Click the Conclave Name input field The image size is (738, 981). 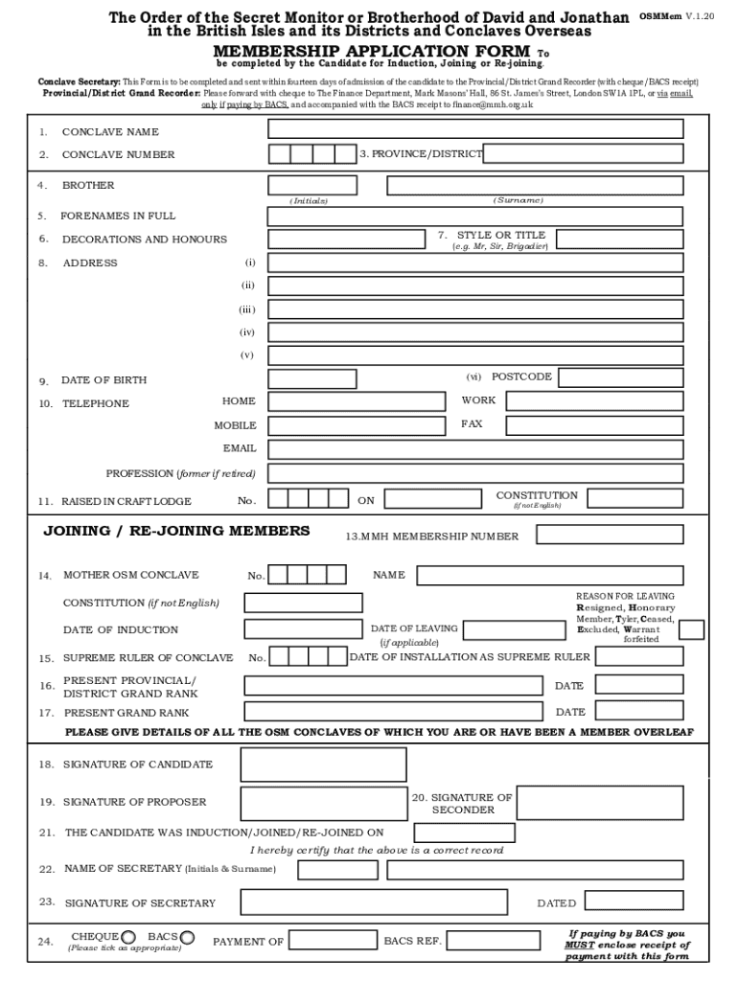pyautogui.click(x=475, y=129)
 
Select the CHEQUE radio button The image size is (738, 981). pyautogui.click(x=128, y=937)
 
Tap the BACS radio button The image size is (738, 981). pyautogui.click(x=187, y=937)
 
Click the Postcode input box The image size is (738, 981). pyautogui.click(x=620, y=377)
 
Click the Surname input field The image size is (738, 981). pyautogui.click(x=535, y=186)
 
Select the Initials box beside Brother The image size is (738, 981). pyautogui.click(x=312, y=186)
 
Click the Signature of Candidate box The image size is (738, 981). pyautogui.click(x=323, y=764)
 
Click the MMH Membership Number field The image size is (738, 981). pyautogui.click(x=610, y=535)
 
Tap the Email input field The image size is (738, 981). pyautogui.click(x=475, y=449)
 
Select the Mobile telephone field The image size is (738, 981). pyautogui.click(x=357, y=425)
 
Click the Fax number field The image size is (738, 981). pyautogui.click(x=594, y=425)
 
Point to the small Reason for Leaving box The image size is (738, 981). pyautogui.click(x=691, y=629)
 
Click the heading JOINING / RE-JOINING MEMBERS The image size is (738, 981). pyautogui.click(x=176, y=531)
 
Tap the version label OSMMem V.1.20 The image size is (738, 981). pyautogui.click(x=676, y=18)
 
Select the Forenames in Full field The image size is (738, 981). pyautogui.click(x=475, y=216)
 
